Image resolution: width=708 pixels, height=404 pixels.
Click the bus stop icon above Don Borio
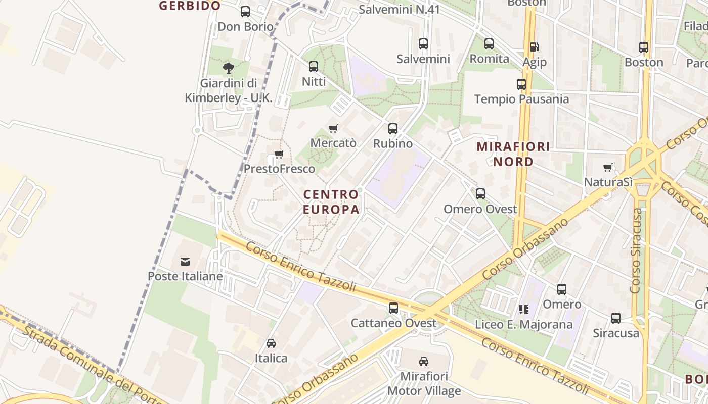(245, 12)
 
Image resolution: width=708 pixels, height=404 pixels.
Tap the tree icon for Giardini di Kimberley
(229, 68)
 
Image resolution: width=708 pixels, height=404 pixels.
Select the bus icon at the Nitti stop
(314, 67)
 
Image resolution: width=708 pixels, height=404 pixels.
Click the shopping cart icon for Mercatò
(333, 128)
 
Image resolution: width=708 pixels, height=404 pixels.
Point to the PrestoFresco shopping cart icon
(279, 154)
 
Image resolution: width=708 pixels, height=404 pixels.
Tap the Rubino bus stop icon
(393, 129)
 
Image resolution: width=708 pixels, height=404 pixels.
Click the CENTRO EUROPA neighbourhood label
(331, 201)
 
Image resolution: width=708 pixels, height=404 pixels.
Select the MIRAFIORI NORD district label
(514, 154)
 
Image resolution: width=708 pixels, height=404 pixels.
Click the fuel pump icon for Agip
(534, 47)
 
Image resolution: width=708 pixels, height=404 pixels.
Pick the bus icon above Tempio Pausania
(521, 84)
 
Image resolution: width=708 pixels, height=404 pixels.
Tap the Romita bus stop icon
(489, 44)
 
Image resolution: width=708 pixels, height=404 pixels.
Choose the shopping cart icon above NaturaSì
(608, 167)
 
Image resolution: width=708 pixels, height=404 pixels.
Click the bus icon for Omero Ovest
(480, 194)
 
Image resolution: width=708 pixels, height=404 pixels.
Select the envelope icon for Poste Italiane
(185, 261)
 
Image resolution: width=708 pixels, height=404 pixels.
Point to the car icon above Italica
(271, 343)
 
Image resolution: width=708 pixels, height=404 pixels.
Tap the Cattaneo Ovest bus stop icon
(393, 308)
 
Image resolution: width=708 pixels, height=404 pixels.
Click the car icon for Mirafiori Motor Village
(424, 362)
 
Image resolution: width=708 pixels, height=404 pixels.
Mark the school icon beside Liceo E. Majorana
(523, 309)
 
